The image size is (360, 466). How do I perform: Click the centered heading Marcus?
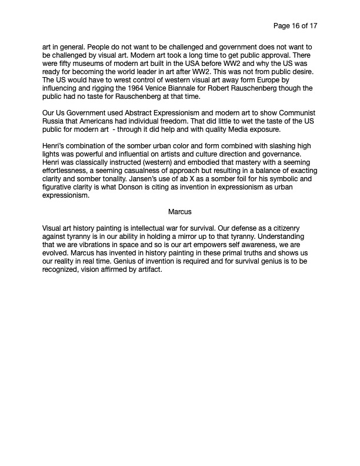coord(180,211)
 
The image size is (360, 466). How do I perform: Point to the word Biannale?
coord(205,88)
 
